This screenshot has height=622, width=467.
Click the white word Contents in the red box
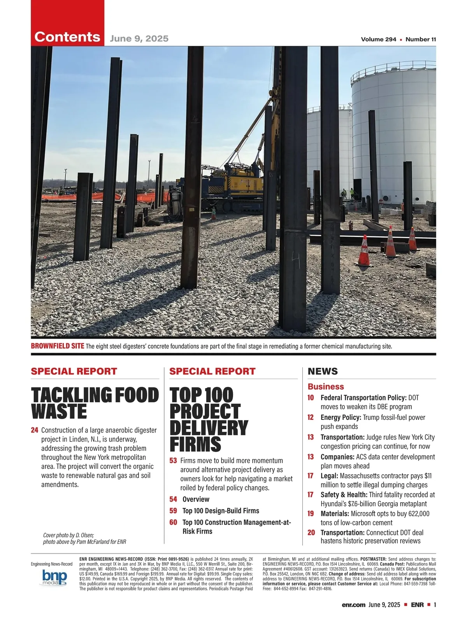(x=67, y=37)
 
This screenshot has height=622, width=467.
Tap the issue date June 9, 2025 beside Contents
(x=139, y=38)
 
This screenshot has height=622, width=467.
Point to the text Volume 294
(x=378, y=39)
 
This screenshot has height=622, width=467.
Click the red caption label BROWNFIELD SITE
(x=57, y=346)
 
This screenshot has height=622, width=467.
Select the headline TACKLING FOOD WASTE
(x=95, y=403)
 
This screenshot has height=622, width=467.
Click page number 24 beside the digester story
(x=35, y=430)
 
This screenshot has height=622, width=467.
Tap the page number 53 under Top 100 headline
(x=173, y=461)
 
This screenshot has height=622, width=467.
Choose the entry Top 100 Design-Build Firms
(x=221, y=511)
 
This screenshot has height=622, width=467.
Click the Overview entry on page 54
(x=196, y=499)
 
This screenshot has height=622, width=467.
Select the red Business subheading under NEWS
(x=326, y=386)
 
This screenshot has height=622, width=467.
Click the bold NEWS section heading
(x=323, y=371)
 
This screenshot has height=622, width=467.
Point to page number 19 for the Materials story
(x=311, y=514)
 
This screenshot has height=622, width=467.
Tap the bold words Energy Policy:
(x=341, y=418)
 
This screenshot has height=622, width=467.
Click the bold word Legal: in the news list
(x=329, y=476)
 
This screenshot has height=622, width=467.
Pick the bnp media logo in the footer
(x=54, y=578)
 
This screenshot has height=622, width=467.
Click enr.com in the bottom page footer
(x=353, y=605)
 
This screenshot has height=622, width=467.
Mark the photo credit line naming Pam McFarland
(x=84, y=542)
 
